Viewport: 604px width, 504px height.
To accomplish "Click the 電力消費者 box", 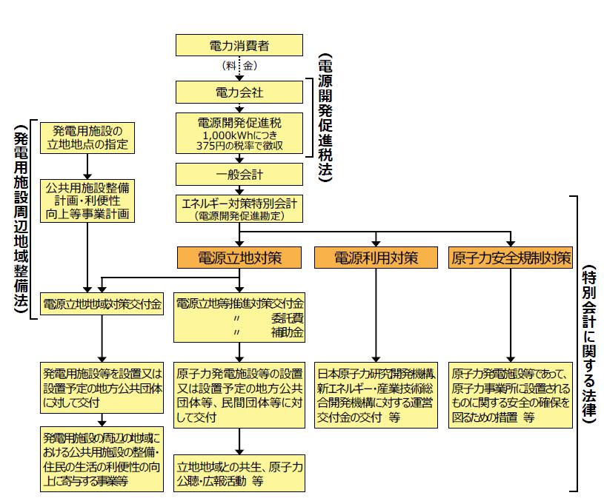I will (x=239, y=45).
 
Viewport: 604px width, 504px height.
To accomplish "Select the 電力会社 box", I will (x=239, y=93).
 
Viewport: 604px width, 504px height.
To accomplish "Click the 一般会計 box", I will (x=239, y=174).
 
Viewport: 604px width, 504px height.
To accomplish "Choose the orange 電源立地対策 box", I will (x=239, y=258).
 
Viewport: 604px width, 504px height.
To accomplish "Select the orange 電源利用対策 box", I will (x=376, y=258).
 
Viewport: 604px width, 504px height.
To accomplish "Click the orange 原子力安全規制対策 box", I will (x=511, y=258).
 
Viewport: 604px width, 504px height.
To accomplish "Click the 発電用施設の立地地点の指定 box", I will (x=87, y=138).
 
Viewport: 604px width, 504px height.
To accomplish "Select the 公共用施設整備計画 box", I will (x=87, y=200).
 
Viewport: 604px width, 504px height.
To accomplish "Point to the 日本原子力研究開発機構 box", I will (x=376, y=394).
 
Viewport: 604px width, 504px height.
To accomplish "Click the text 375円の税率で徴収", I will (x=239, y=145).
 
